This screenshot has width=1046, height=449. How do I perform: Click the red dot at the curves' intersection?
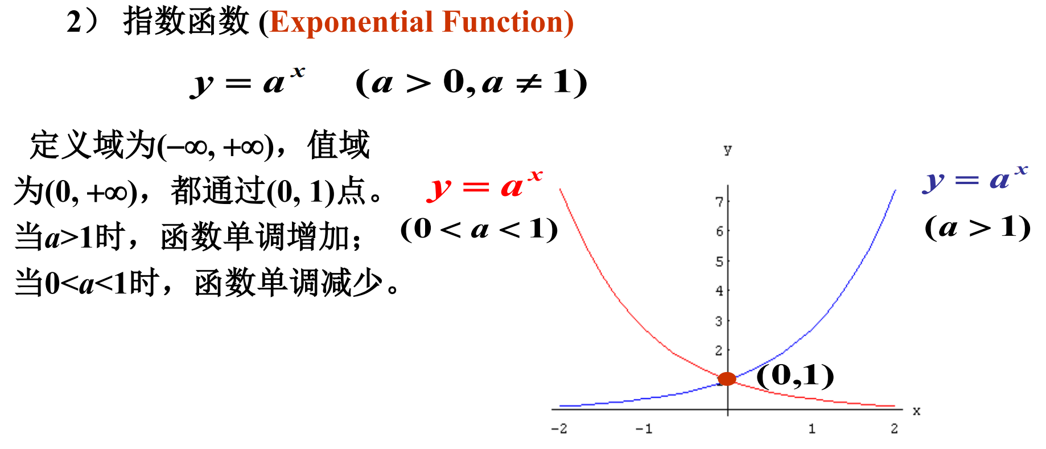727,378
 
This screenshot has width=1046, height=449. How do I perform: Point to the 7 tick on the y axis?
719,202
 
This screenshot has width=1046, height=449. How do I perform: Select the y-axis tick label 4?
719,291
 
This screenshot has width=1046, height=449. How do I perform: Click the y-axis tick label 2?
719,350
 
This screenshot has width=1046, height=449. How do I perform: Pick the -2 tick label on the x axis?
559,428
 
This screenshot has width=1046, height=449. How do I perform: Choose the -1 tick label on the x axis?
643,428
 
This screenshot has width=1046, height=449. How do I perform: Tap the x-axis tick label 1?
812,428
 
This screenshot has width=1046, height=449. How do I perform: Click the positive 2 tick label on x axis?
894,428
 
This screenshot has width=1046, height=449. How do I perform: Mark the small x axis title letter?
916,411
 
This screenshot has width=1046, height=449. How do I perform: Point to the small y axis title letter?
727,150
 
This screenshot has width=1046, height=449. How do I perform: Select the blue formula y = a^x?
975,179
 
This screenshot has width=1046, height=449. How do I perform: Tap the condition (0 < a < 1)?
479,229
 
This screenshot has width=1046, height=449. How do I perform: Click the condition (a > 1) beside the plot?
978,227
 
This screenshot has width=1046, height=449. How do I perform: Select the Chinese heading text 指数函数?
186,22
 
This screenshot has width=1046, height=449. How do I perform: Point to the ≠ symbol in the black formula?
528,84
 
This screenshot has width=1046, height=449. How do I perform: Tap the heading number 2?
75,22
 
